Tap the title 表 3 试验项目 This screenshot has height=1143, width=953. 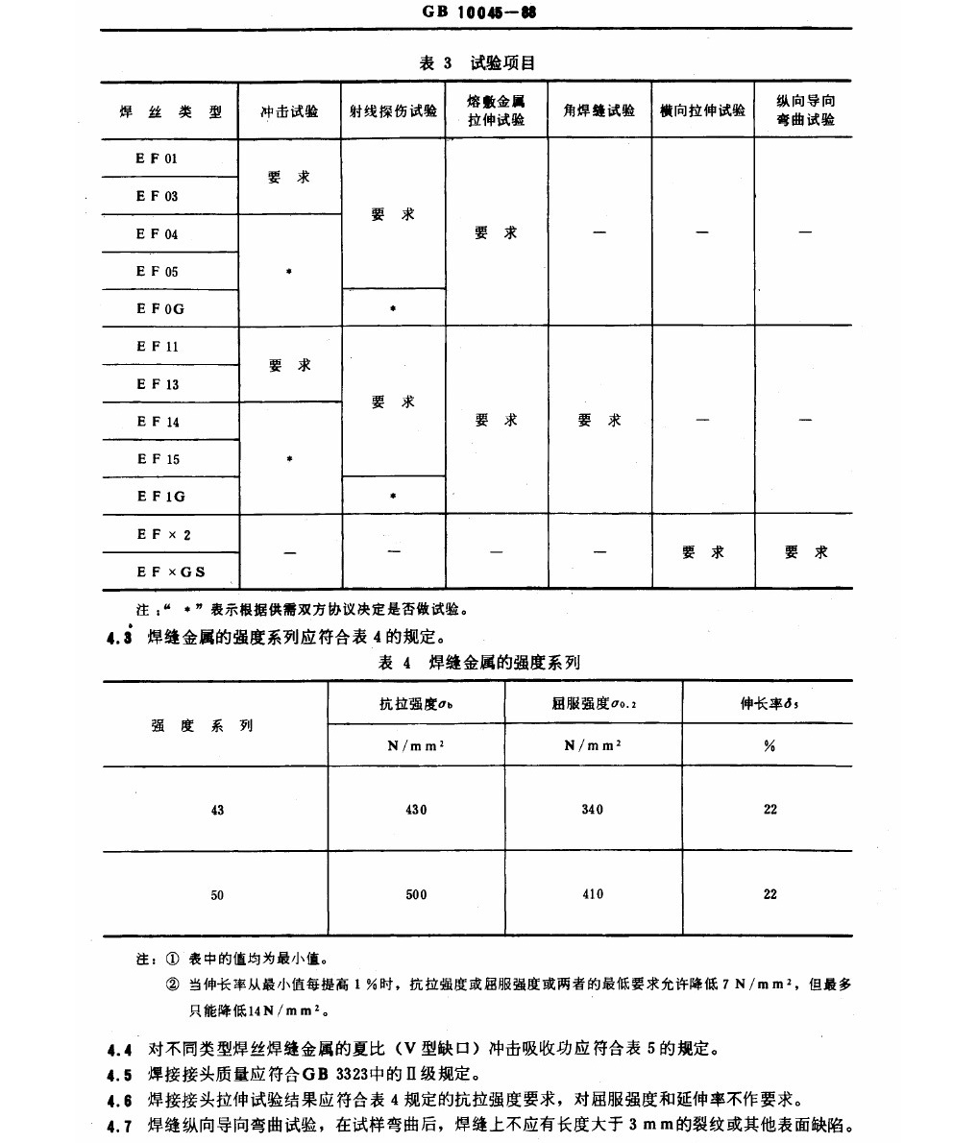(x=477, y=63)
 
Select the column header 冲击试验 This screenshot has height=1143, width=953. (x=289, y=111)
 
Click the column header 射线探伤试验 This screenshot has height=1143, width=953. (x=393, y=111)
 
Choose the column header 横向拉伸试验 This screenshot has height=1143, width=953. (x=702, y=111)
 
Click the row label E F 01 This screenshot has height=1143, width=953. (x=157, y=158)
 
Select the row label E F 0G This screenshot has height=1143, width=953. (x=159, y=308)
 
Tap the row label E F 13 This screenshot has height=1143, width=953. (x=158, y=384)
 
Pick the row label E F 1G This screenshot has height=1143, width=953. (x=160, y=497)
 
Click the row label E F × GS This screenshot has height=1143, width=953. (x=171, y=572)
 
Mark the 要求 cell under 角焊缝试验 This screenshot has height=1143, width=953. (x=599, y=421)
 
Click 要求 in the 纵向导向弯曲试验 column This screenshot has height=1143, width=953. (x=805, y=552)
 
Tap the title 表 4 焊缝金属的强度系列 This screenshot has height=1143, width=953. (x=478, y=663)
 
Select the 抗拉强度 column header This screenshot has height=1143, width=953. (x=416, y=704)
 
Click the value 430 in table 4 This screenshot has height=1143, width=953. (x=416, y=810)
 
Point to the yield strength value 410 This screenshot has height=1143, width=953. (x=593, y=894)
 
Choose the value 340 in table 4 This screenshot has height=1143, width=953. (x=593, y=810)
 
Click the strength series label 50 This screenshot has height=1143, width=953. (x=217, y=895)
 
